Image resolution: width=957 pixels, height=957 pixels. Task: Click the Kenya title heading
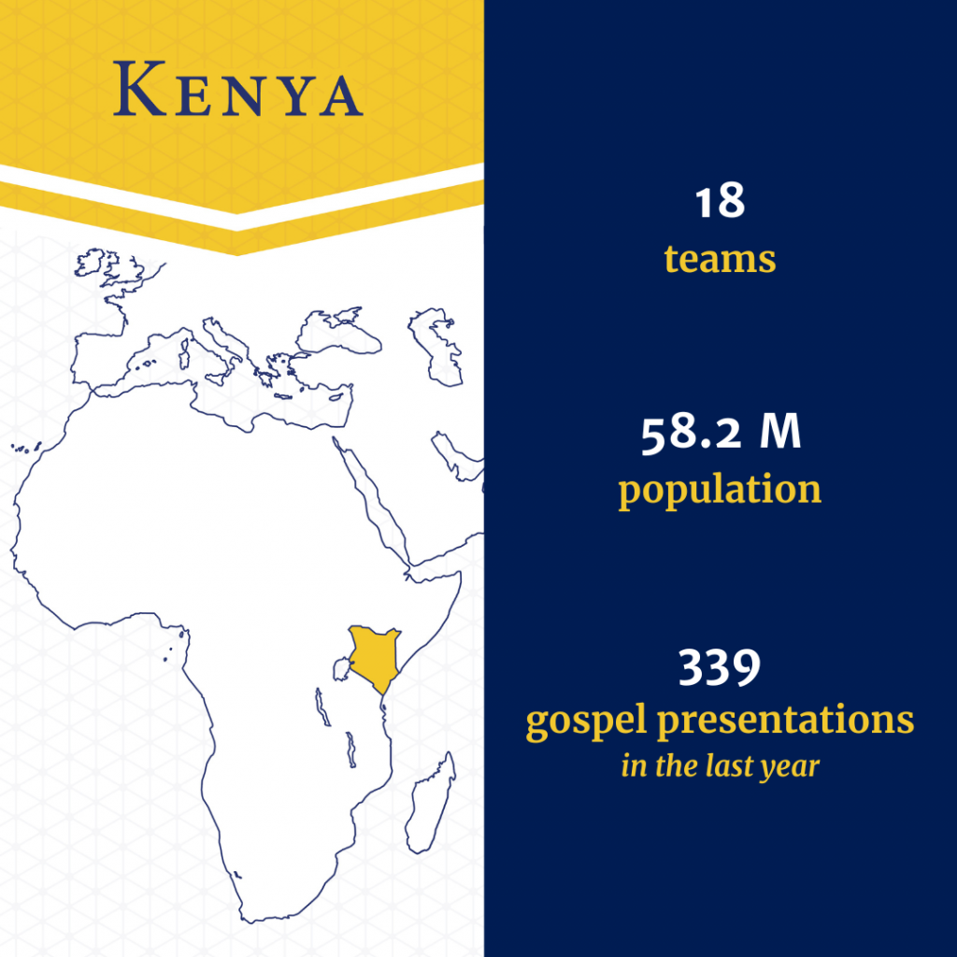coord(238,89)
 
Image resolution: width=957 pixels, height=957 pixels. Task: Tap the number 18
coord(721,201)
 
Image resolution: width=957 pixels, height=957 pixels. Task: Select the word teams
coord(721,259)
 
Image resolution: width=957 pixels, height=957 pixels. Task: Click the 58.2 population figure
coord(692,433)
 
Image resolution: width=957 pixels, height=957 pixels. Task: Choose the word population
coord(721,491)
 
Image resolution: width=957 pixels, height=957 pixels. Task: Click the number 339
coord(720,666)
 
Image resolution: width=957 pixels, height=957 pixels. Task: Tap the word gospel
coord(586,722)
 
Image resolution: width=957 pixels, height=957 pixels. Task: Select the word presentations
coord(785,720)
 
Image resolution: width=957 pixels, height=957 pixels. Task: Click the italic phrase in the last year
coord(721,766)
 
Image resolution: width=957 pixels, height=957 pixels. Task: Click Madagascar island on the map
coord(431,802)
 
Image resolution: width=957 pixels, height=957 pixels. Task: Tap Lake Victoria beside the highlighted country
coord(342,669)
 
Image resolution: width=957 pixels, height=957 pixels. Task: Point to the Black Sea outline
coord(338,333)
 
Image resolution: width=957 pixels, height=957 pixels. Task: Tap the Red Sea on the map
coord(372,501)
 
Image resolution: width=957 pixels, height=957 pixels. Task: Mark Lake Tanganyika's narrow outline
coord(321,707)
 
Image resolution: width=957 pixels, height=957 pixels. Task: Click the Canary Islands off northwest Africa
coord(25,448)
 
